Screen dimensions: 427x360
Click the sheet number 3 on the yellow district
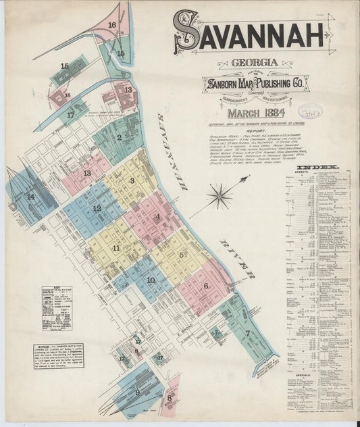click(132, 180)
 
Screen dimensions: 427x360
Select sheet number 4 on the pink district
click(157, 217)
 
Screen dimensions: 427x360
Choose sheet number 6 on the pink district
click(206, 285)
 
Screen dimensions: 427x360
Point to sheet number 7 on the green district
click(248, 333)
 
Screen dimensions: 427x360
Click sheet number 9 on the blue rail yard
click(137, 392)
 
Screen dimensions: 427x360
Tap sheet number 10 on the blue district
click(150, 280)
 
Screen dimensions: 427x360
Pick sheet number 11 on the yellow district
click(116, 248)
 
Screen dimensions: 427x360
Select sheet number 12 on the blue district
click(97, 208)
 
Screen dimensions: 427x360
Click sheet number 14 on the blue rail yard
click(30, 197)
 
